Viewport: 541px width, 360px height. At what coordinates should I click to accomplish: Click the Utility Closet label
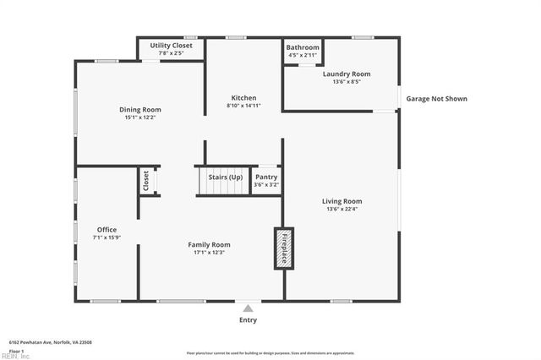pos(171,45)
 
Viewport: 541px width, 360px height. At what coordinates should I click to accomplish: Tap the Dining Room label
pos(139,109)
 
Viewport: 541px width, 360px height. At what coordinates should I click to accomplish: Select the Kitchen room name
pos(243,98)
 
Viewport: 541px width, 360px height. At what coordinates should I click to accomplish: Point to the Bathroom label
pos(303,47)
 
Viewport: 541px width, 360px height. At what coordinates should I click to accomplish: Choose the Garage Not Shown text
pos(436,99)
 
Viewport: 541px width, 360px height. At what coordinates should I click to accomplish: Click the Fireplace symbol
pos(283,248)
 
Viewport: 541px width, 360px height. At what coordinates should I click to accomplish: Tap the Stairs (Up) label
pos(225,177)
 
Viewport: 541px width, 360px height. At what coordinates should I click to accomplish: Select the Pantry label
pos(266,177)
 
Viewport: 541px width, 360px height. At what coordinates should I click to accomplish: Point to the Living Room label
pos(342,201)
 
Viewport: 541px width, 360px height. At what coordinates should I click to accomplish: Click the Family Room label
pos(209,244)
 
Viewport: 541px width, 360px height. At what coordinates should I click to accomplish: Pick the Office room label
pos(107,229)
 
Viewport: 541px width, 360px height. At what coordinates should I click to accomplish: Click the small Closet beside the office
pos(146,180)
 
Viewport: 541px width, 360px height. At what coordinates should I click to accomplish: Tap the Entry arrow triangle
pos(248,308)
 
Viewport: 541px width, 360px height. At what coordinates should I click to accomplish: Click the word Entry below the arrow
pos(248,320)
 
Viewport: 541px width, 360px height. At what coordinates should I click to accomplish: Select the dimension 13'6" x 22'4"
pos(342,209)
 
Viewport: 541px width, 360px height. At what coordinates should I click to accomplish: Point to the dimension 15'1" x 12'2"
pos(139,117)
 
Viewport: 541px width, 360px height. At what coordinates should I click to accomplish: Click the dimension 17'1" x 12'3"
pos(209,252)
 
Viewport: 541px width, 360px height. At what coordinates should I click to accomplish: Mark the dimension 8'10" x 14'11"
pos(243,106)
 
